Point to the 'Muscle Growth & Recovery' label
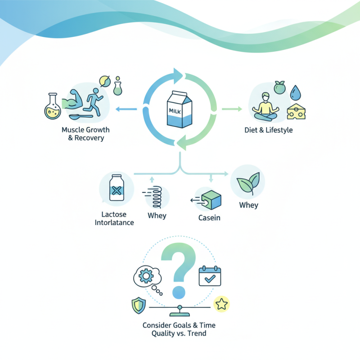coord(85,134)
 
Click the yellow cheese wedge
coord(297,112)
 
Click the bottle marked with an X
coord(117,189)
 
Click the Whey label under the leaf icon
coord(249,205)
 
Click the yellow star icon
coord(221,305)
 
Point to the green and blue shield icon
coord(137,305)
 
